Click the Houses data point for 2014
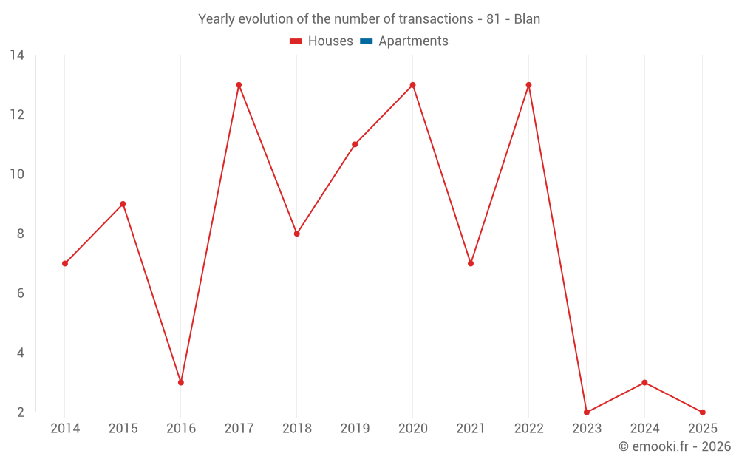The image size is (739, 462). click(65, 263)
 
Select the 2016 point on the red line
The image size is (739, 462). click(181, 382)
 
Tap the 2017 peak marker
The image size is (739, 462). click(239, 85)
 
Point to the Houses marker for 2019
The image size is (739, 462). click(355, 144)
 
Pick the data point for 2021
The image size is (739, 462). click(471, 263)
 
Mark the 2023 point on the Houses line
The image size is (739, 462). click(587, 412)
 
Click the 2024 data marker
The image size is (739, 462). click(644, 382)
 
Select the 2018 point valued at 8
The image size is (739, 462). click(297, 234)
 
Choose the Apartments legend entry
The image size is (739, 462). click(413, 41)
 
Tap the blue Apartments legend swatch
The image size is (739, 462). click(367, 41)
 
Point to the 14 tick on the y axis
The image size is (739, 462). click(17, 55)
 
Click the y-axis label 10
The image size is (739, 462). click(17, 174)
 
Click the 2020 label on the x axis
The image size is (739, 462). click(412, 429)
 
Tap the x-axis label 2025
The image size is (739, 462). click(702, 429)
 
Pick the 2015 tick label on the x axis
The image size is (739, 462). click(123, 429)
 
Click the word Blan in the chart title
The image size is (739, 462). click(527, 19)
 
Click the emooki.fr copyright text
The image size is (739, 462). click(675, 446)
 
